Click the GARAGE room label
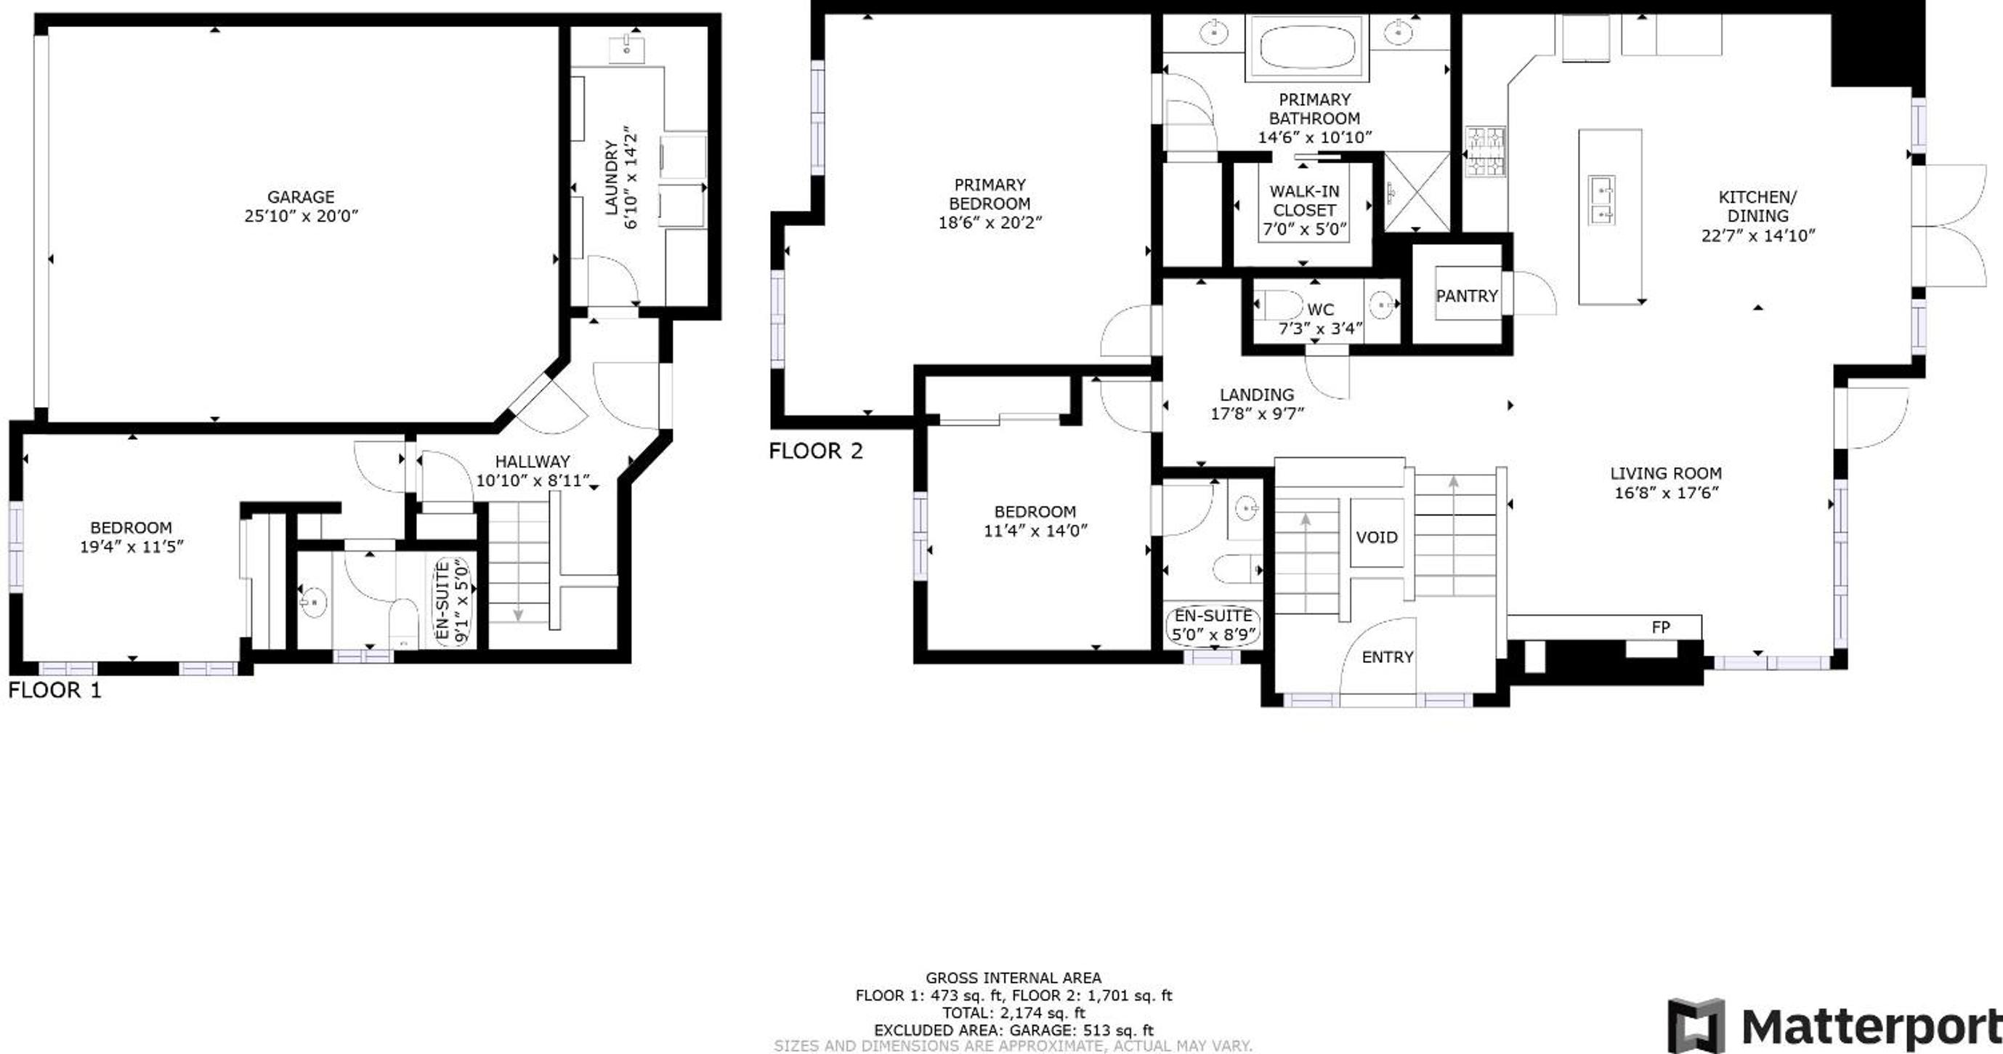tap(300, 197)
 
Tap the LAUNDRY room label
tap(611, 177)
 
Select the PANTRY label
tap(1467, 296)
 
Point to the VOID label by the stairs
tap(1376, 536)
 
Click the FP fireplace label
tap(1660, 627)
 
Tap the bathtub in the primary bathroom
tap(1306, 47)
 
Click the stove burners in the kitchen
tap(1485, 151)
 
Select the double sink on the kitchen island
tap(1601, 200)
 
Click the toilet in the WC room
tap(1279, 305)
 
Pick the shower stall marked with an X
tap(1417, 191)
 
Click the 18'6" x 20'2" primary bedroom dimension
tap(990, 222)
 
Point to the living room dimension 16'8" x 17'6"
tap(1666, 492)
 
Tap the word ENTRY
tap(1387, 657)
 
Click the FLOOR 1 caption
tap(54, 690)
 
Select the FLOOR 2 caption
tap(816, 451)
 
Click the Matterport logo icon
tap(1696, 1025)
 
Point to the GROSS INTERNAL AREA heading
tap(1013, 978)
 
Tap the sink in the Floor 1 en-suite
tap(314, 602)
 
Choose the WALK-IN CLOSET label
tap(1304, 201)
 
